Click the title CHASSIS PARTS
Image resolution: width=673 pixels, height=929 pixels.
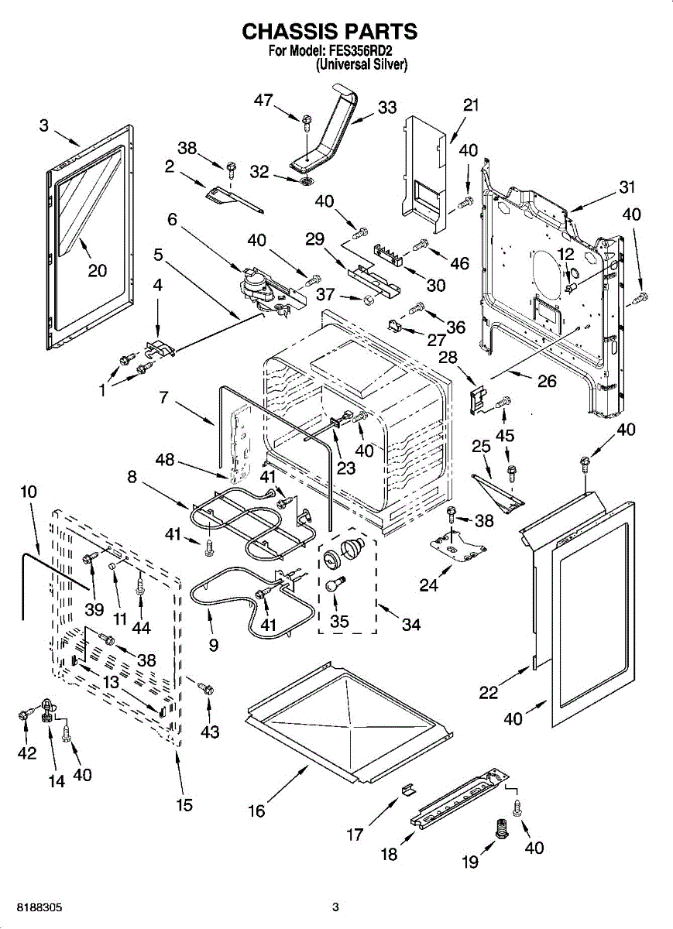(330, 31)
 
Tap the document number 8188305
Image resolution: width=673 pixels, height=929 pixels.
(34, 907)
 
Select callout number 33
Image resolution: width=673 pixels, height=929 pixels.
(386, 107)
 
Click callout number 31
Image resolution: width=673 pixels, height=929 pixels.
(626, 187)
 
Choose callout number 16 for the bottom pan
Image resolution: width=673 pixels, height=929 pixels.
(256, 811)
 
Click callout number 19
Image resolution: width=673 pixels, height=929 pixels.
(470, 861)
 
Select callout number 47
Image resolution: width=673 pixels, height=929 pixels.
(265, 100)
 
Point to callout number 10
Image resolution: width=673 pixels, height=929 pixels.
(28, 491)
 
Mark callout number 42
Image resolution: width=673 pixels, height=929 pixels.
(27, 752)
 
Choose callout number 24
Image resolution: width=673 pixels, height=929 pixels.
(428, 584)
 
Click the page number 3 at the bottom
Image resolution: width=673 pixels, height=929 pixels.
(335, 907)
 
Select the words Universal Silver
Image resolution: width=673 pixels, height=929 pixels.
(361, 66)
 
